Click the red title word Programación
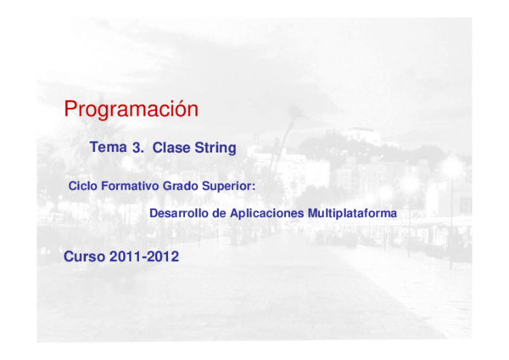coord(131,110)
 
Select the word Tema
coord(108,148)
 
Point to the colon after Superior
coord(254,186)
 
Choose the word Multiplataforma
coord(352,213)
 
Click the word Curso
coord(83,256)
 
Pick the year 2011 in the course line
coord(124,256)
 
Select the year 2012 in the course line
coord(162,256)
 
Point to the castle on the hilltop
coord(363,134)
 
